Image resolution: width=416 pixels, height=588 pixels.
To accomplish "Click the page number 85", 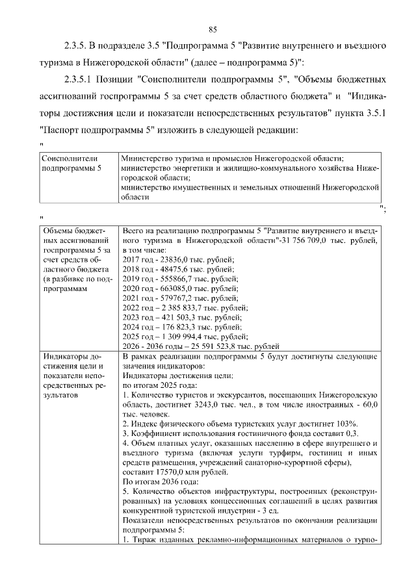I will [212, 29].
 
